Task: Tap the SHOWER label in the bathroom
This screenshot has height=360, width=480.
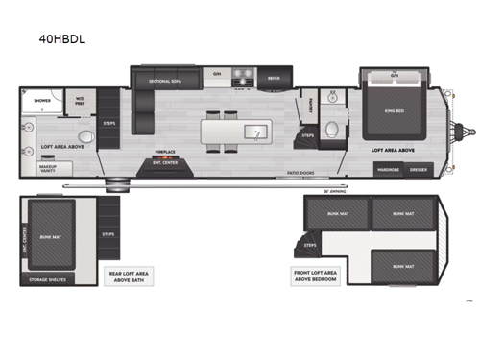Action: pyautogui.click(x=42, y=100)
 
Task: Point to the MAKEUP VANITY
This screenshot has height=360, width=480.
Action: pyautogui.click(x=47, y=168)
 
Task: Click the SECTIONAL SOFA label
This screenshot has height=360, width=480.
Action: pyautogui.click(x=166, y=81)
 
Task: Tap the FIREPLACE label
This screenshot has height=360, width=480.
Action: pyautogui.click(x=164, y=151)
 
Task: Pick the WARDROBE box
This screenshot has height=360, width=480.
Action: pyautogui.click(x=387, y=169)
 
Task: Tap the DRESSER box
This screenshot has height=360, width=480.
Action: pyautogui.click(x=420, y=169)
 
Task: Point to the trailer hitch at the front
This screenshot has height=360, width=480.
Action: pyautogui.click(x=467, y=128)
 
